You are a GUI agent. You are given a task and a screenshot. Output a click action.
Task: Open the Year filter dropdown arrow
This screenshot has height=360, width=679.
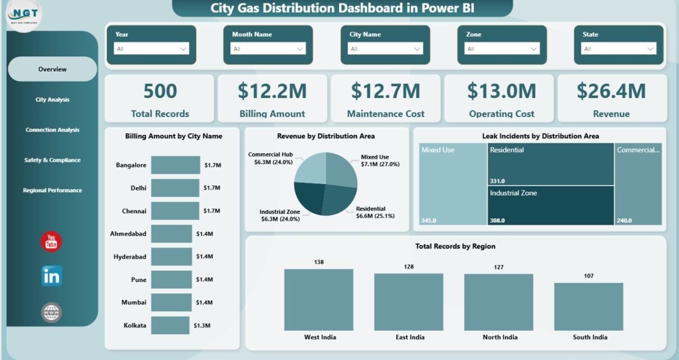(183, 49)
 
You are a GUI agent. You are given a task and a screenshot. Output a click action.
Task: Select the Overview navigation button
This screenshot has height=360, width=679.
(52, 70)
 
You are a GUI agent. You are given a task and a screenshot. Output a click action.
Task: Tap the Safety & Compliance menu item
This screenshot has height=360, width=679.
(52, 160)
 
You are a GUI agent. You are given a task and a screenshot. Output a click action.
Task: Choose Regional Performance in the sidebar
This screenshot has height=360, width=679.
(52, 191)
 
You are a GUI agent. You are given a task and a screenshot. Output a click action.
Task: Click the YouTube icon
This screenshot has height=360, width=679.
(52, 241)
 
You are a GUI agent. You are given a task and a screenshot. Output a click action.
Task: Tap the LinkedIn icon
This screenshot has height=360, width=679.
(52, 276)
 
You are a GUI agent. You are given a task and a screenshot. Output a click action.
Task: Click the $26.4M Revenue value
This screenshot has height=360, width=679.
(611, 91)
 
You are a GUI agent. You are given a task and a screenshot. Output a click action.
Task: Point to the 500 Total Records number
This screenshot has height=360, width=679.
(160, 91)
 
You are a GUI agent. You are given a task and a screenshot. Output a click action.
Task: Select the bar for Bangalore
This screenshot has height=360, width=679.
(175, 165)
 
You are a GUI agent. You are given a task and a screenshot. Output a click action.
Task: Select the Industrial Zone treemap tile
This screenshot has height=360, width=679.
(550, 205)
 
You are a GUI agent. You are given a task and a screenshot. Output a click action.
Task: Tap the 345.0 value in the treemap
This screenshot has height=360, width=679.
(429, 220)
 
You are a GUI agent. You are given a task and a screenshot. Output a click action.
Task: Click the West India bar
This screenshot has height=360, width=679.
(319, 299)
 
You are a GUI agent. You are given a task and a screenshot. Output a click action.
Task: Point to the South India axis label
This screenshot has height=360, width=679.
(589, 337)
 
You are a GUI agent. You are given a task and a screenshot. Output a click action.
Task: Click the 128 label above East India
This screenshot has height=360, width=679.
(409, 266)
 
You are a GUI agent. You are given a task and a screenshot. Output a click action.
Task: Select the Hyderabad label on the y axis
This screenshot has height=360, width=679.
(130, 257)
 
